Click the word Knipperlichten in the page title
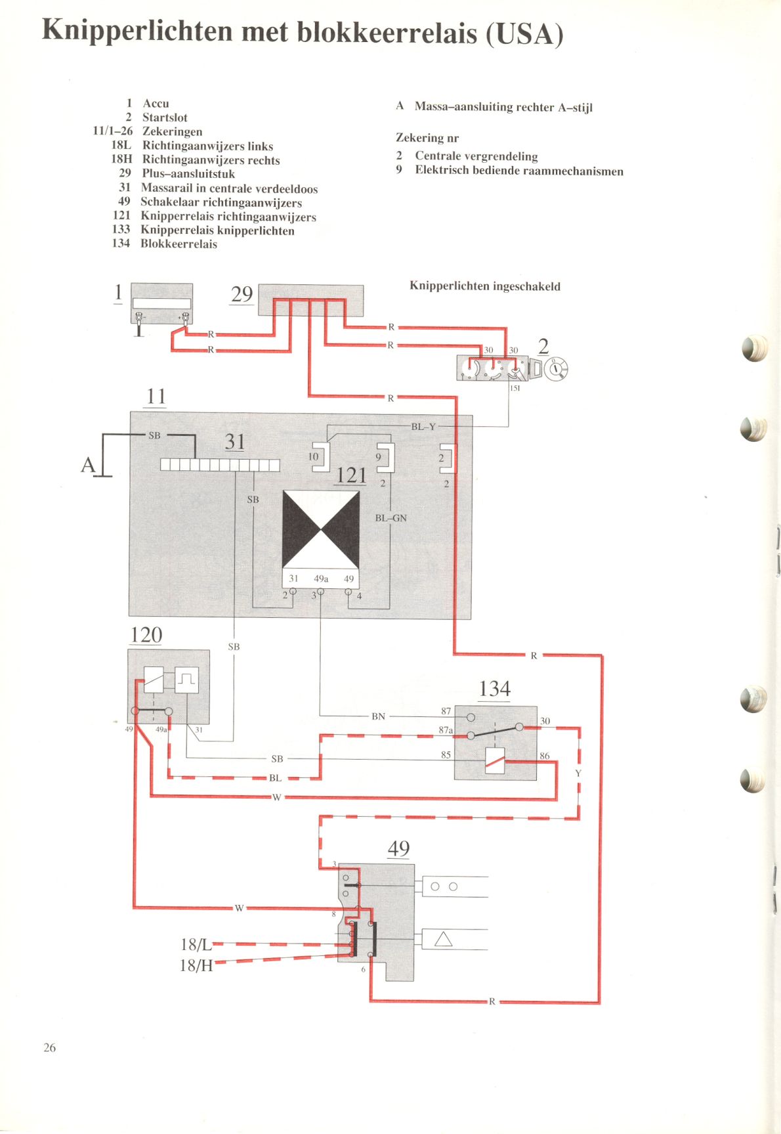(137, 32)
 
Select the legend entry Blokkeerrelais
(179, 244)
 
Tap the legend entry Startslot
(165, 118)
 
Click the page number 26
(50, 1047)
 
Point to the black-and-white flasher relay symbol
(321, 530)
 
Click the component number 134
(494, 688)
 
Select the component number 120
(146, 635)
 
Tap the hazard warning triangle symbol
(444, 940)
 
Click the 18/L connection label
(196, 944)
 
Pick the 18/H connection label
(196, 965)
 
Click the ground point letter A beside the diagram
(88, 466)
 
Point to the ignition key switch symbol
(555, 369)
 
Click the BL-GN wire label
(390, 518)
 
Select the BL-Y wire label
(423, 427)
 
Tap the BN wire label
(378, 716)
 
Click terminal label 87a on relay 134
(446, 730)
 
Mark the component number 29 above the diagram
(242, 294)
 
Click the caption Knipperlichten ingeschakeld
(485, 286)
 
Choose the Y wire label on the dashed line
(578, 774)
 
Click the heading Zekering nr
(427, 138)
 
